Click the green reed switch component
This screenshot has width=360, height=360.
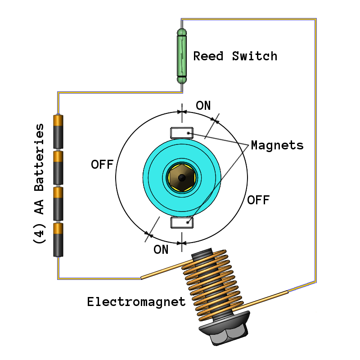pyautogui.click(x=182, y=56)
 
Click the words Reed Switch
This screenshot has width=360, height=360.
pyautogui.click(x=235, y=56)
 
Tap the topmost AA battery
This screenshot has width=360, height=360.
pyautogui.click(x=58, y=131)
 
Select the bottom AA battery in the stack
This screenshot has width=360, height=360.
pyautogui.click(x=58, y=239)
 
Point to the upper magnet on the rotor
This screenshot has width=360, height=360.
pyautogui.click(x=181, y=133)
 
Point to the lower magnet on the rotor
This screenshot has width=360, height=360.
pyautogui.click(x=181, y=222)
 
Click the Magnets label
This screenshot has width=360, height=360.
pyautogui.click(x=277, y=145)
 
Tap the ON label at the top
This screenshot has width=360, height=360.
pyautogui.click(x=203, y=106)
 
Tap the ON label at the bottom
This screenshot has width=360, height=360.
pyautogui.click(x=161, y=249)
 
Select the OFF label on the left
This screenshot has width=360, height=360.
pyautogui.click(x=102, y=164)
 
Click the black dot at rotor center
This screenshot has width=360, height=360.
pyautogui.click(x=181, y=178)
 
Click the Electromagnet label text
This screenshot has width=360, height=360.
pyautogui.click(x=136, y=301)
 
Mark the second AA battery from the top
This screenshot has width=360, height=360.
pyautogui.click(x=58, y=167)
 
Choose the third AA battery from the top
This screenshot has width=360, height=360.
pyautogui.click(x=58, y=203)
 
